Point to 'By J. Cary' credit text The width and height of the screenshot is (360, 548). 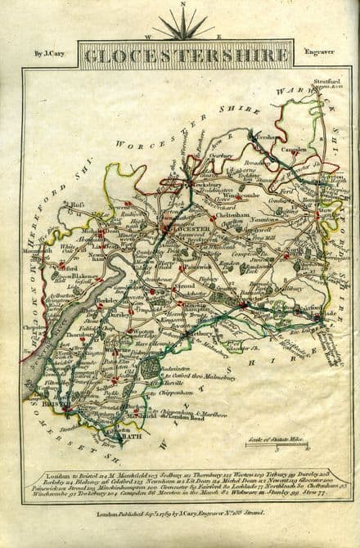(x=50, y=55)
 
